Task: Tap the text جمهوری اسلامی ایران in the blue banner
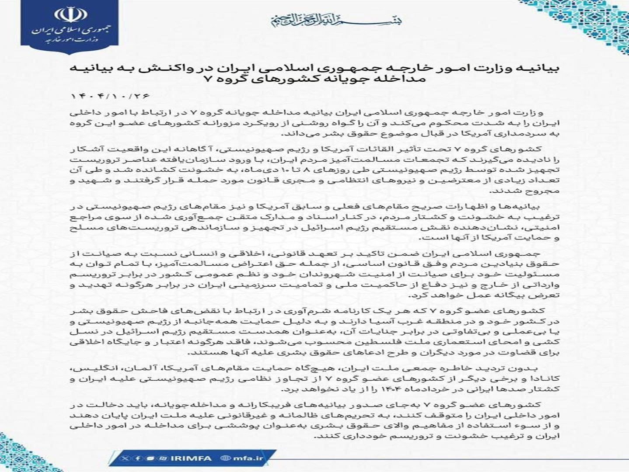(69, 31)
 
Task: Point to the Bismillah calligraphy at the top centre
(336, 20)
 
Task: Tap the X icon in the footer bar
(126, 458)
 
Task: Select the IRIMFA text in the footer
(191, 458)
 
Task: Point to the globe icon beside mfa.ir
(226, 458)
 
